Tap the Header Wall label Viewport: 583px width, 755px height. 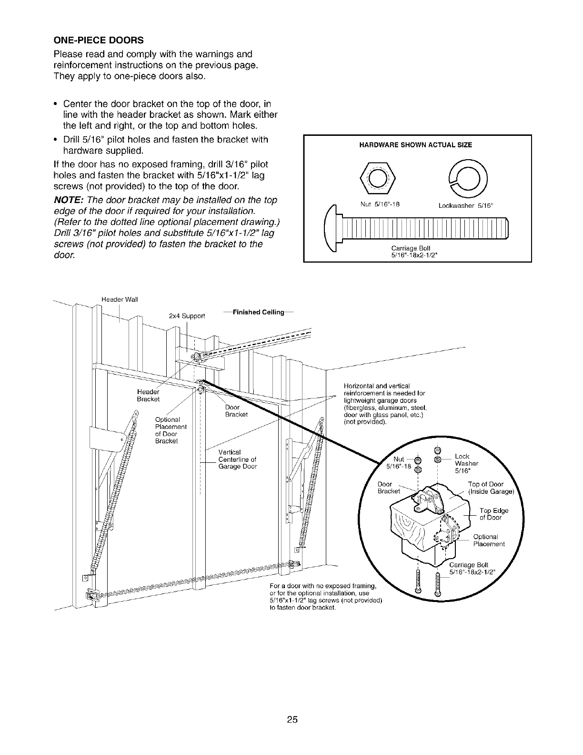[119, 299]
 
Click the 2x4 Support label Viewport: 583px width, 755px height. [187, 316]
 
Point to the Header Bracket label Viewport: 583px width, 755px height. [148, 395]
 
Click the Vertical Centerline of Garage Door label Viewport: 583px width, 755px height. [237, 459]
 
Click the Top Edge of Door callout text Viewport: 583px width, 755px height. [493, 514]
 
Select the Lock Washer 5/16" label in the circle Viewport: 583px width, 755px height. [466, 463]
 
